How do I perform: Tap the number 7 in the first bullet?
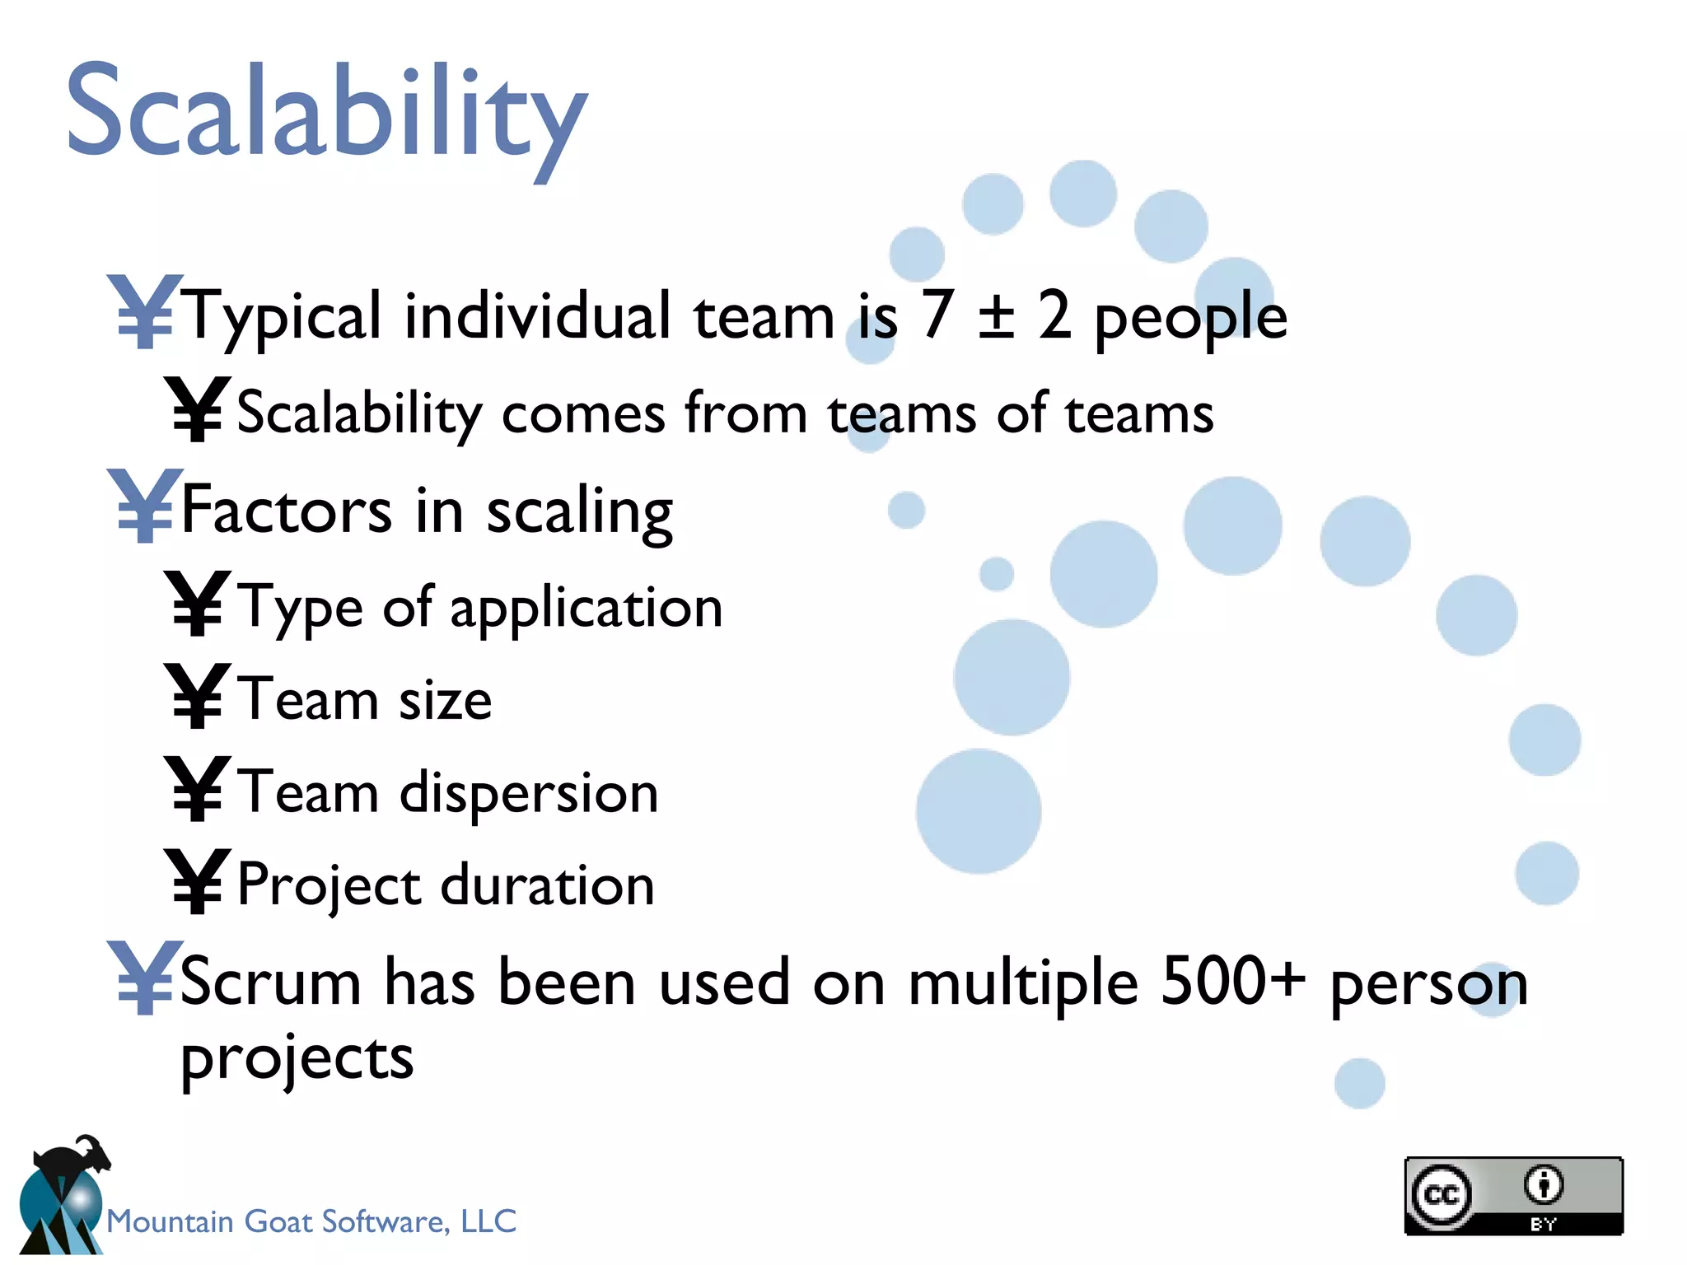tap(937, 315)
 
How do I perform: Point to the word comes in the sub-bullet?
tap(583, 413)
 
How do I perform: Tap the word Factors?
tap(286, 510)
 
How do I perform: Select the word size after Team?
tap(445, 701)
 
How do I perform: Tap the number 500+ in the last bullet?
tap(1232, 982)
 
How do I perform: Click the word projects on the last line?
tap(297, 1060)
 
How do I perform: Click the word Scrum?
tap(270, 983)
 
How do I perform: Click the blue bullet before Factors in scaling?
tap(144, 506)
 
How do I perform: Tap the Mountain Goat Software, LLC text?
tap(311, 1221)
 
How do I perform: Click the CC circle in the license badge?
tap(1441, 1195)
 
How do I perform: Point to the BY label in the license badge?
tap(1543, 1224)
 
